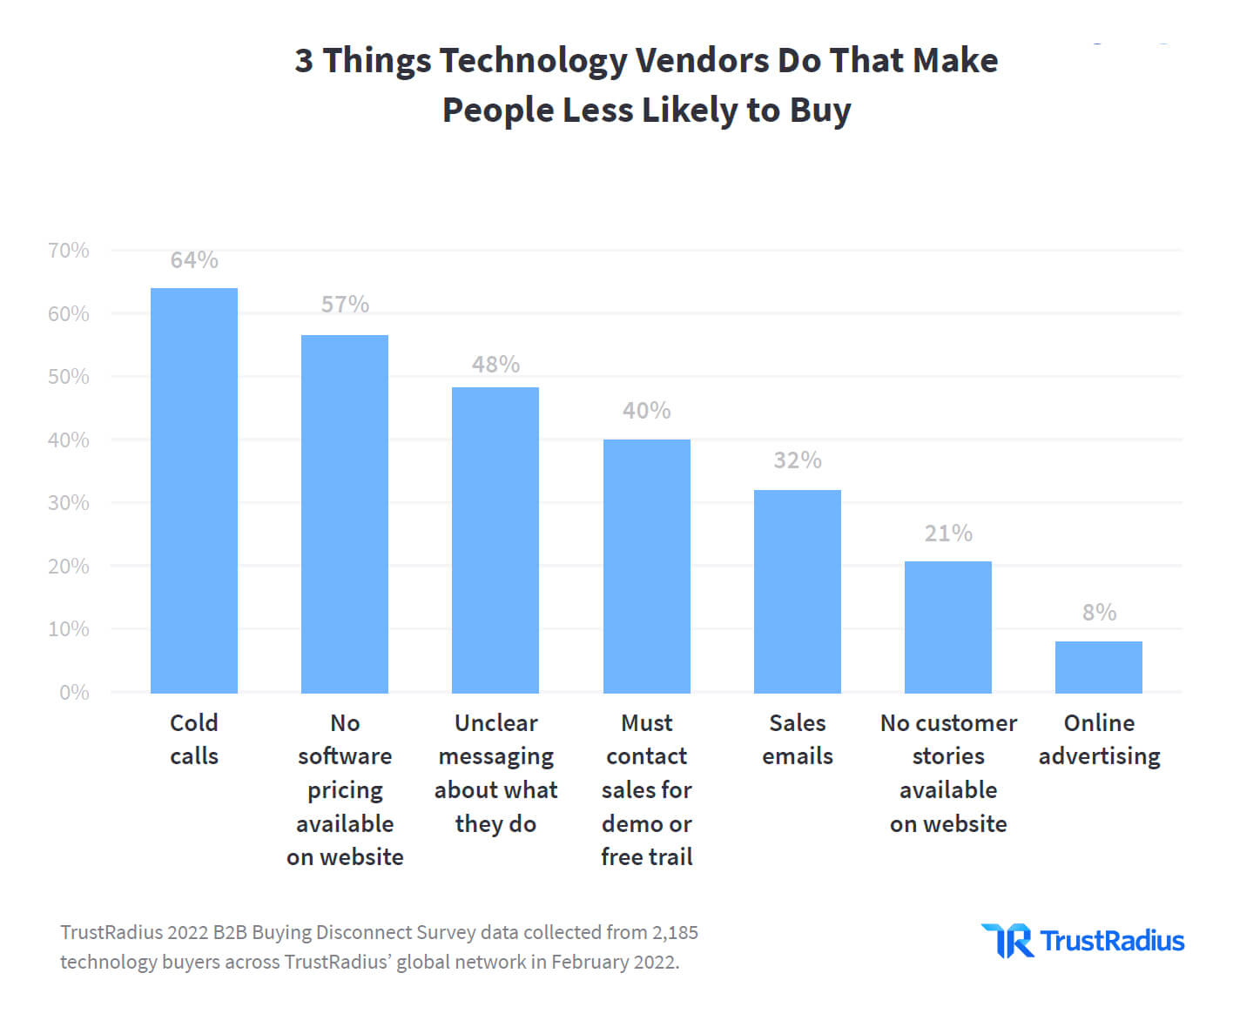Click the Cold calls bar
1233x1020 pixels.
click(x=193, y=490)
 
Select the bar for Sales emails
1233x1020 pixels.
click(x=798, y=591)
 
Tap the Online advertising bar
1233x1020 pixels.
click(x=1098, y=667)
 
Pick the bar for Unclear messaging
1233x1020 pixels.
click(x=495, y=540)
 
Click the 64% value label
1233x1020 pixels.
click(x=194, y=259)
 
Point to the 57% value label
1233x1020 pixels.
click(x=345, y=305)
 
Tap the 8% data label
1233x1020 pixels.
click(x=1099, y=612)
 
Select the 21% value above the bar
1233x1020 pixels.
click(x=948, y=533)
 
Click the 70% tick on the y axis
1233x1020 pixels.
click(x=69, y=251)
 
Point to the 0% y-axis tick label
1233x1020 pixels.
click(x=74, y=692)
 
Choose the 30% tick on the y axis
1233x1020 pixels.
click(x=69, y=503)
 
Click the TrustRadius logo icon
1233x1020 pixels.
click(x=1008, y=940)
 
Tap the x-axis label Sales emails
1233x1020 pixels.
click(x=798, y=740)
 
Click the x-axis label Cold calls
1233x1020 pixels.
click(x=194, y=740)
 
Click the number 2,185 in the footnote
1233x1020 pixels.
click(x=675, y=932)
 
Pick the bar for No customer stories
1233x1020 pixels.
click(x=947, y=627)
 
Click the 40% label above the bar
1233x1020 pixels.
click(x=647, y=410)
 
